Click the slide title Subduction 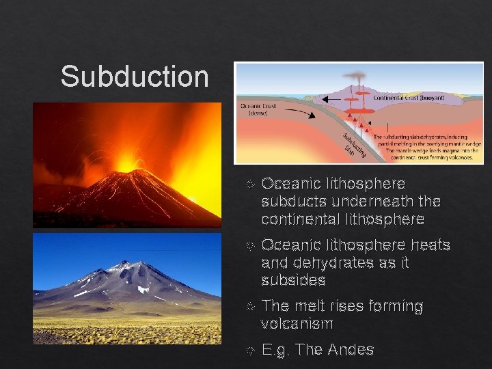[134, 76]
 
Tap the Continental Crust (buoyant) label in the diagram [409, 98]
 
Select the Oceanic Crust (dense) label [258, 109]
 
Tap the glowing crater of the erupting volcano [126, 163]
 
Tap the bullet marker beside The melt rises [249, 307]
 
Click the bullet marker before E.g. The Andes [249, 351]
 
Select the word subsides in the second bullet [293, 280]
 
